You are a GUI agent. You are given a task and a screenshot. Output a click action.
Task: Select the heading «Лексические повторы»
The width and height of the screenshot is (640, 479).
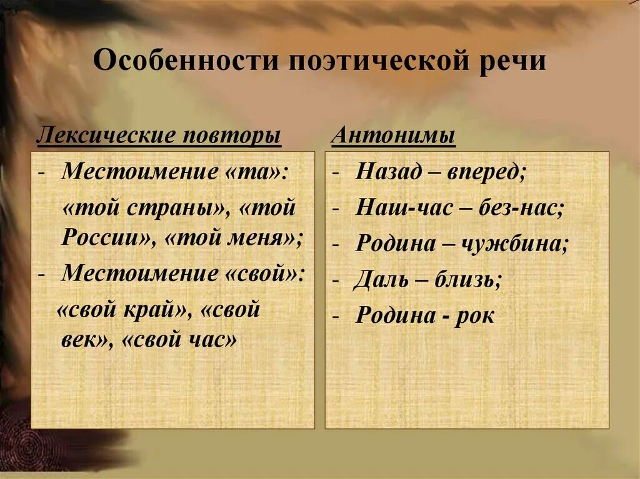point(159,136)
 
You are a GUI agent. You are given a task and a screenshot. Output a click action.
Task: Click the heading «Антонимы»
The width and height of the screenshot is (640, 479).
point(393,136)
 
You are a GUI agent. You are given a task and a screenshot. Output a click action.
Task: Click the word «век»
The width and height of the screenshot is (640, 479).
point(84,342)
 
